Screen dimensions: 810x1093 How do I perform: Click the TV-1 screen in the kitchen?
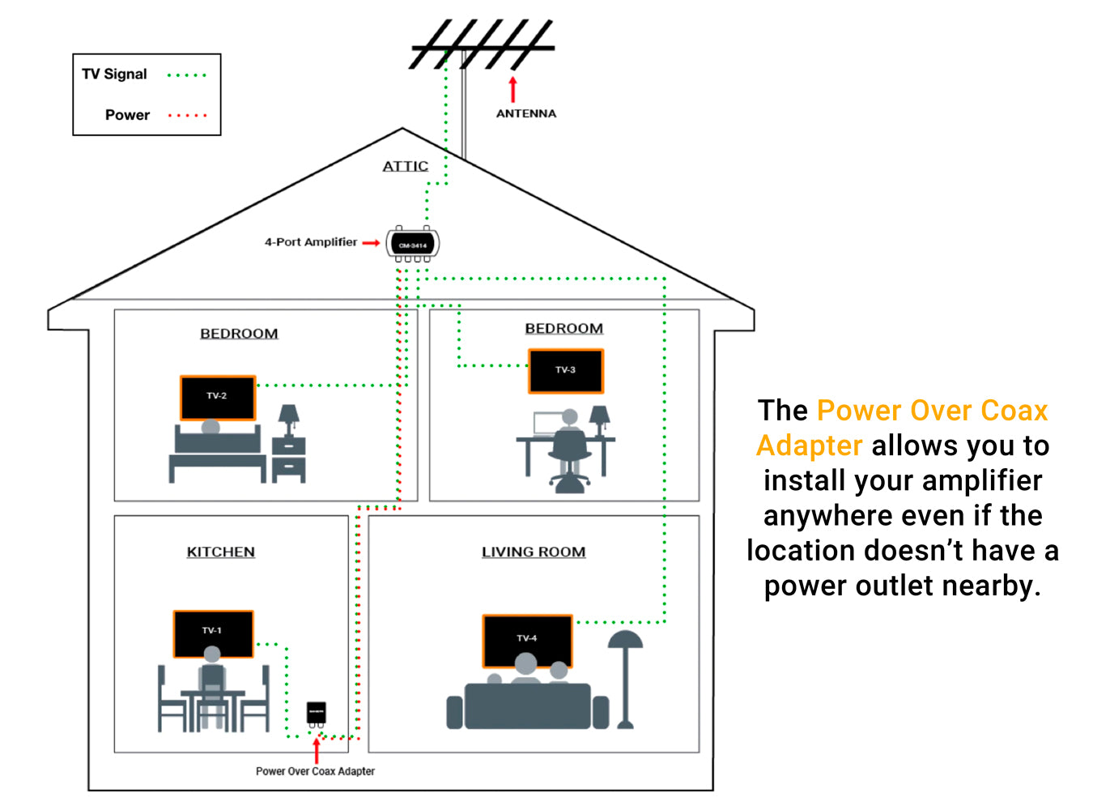click(213, 633)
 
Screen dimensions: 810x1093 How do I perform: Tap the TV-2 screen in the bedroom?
click(217, 397)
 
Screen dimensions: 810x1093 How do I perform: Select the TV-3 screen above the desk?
click(565, 370)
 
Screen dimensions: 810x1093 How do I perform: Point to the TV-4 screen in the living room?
click(527, 640)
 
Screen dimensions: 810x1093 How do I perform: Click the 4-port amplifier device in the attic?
click(413, 244)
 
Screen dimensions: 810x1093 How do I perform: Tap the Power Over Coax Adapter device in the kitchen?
click(317, 712)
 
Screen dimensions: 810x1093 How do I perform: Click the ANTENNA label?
click(526, 113)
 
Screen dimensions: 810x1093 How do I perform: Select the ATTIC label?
click(405, 166)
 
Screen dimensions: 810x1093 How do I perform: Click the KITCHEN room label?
click(220, 552)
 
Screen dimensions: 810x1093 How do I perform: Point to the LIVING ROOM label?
click(534, 552)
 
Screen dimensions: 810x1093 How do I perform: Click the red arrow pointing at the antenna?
click(512, 89)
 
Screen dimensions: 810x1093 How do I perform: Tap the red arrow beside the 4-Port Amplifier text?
click(371, 242)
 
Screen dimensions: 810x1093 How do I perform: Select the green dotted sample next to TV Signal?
click(186, 75)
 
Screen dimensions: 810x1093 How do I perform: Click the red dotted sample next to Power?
click(187, 116)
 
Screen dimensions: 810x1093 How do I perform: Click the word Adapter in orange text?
click(809, 446)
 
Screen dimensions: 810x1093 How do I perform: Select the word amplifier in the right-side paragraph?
click(982, 480)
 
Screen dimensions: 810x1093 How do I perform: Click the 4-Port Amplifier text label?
click(310, 242)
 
